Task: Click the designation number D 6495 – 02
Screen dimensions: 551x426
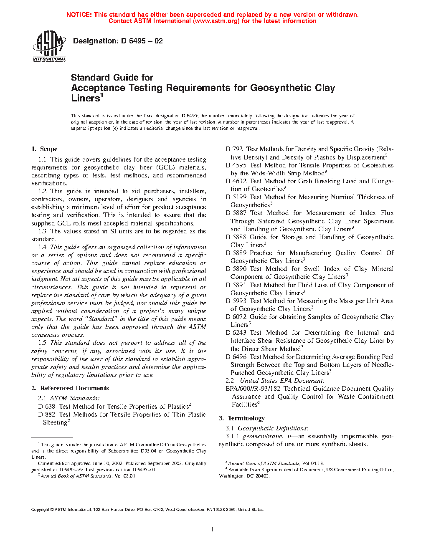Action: pos(142,41)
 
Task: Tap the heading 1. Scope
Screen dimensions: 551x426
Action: pos(44,149)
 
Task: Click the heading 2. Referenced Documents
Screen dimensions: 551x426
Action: pos(70,388)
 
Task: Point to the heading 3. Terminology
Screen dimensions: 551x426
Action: pos(242,418)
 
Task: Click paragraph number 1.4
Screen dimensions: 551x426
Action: pos(42,247)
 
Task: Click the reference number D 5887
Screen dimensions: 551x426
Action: pos(236,213)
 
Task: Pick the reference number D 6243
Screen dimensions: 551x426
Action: pos(236,333)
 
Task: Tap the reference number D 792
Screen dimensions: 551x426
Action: pos(234,149)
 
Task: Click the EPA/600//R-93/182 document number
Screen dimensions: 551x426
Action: pos(253,389)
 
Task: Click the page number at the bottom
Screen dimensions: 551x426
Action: pos(213,530)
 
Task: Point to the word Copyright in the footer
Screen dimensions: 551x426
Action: pos(41,509)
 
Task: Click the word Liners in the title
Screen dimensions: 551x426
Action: pos(86,99)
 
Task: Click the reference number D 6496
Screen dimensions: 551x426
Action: pos(236,357)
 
